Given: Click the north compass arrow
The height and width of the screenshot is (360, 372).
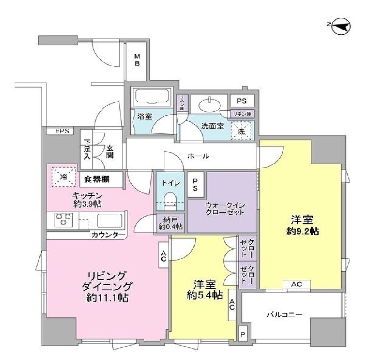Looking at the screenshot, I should tap(341, 26).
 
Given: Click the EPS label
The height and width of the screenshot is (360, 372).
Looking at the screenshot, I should tap(62, 131).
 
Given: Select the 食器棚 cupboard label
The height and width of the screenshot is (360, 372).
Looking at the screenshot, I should tap(97, 179).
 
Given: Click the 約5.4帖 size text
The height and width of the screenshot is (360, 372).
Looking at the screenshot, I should tap(204, 295).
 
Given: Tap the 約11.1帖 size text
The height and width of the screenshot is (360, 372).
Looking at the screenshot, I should tap(108, 298).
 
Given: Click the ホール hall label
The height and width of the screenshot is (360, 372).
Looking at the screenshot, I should tap(198, 156).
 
